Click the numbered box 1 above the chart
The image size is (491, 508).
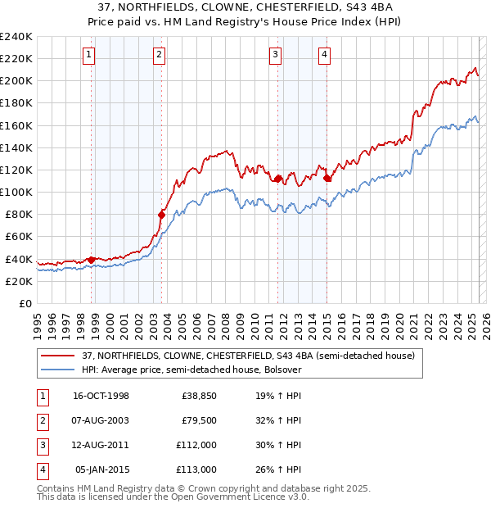88,55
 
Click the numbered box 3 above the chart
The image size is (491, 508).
276,55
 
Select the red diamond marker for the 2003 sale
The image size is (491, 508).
161,215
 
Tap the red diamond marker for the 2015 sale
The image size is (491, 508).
327,177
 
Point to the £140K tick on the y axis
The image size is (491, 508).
16,147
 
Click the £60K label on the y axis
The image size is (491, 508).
19,236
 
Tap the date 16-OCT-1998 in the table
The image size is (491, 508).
101,397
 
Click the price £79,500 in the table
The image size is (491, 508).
199,420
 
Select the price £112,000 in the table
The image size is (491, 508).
196,445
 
